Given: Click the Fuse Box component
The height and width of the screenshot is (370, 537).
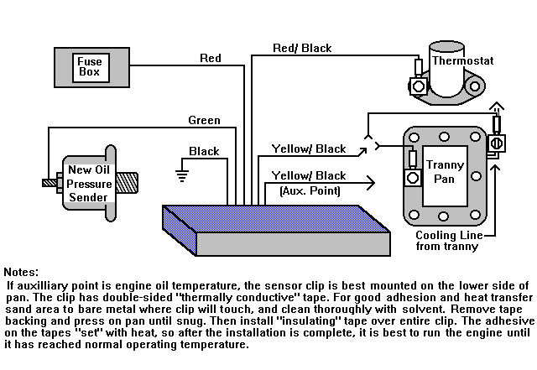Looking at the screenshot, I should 88,66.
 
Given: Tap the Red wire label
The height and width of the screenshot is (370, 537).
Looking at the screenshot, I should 211,58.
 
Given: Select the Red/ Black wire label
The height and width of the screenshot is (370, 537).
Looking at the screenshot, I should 303,48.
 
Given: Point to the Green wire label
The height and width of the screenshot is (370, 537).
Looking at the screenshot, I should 204,120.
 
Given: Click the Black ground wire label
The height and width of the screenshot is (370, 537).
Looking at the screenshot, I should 204,152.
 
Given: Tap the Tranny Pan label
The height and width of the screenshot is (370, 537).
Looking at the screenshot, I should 446,172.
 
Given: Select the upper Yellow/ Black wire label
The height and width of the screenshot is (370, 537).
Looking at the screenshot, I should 309,149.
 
